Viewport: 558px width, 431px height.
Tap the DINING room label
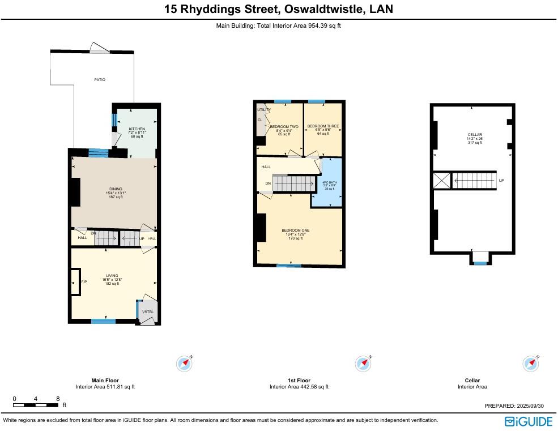pos(116,189)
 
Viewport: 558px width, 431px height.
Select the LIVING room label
pos(112,276)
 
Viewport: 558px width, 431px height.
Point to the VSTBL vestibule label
pos(148,312)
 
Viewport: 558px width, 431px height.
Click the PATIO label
pos(100,80)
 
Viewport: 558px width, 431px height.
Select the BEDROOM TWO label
pos(284,127)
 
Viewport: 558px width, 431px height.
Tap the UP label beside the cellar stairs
pos(501,181)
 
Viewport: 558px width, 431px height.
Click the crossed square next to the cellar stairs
pos(441,181)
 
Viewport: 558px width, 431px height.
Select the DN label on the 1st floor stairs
pos(268,184)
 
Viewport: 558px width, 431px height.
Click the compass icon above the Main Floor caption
pos(184,363)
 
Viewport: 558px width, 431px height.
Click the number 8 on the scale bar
pos(58,399)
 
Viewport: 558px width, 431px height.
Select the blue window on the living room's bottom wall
pos(104,322)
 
